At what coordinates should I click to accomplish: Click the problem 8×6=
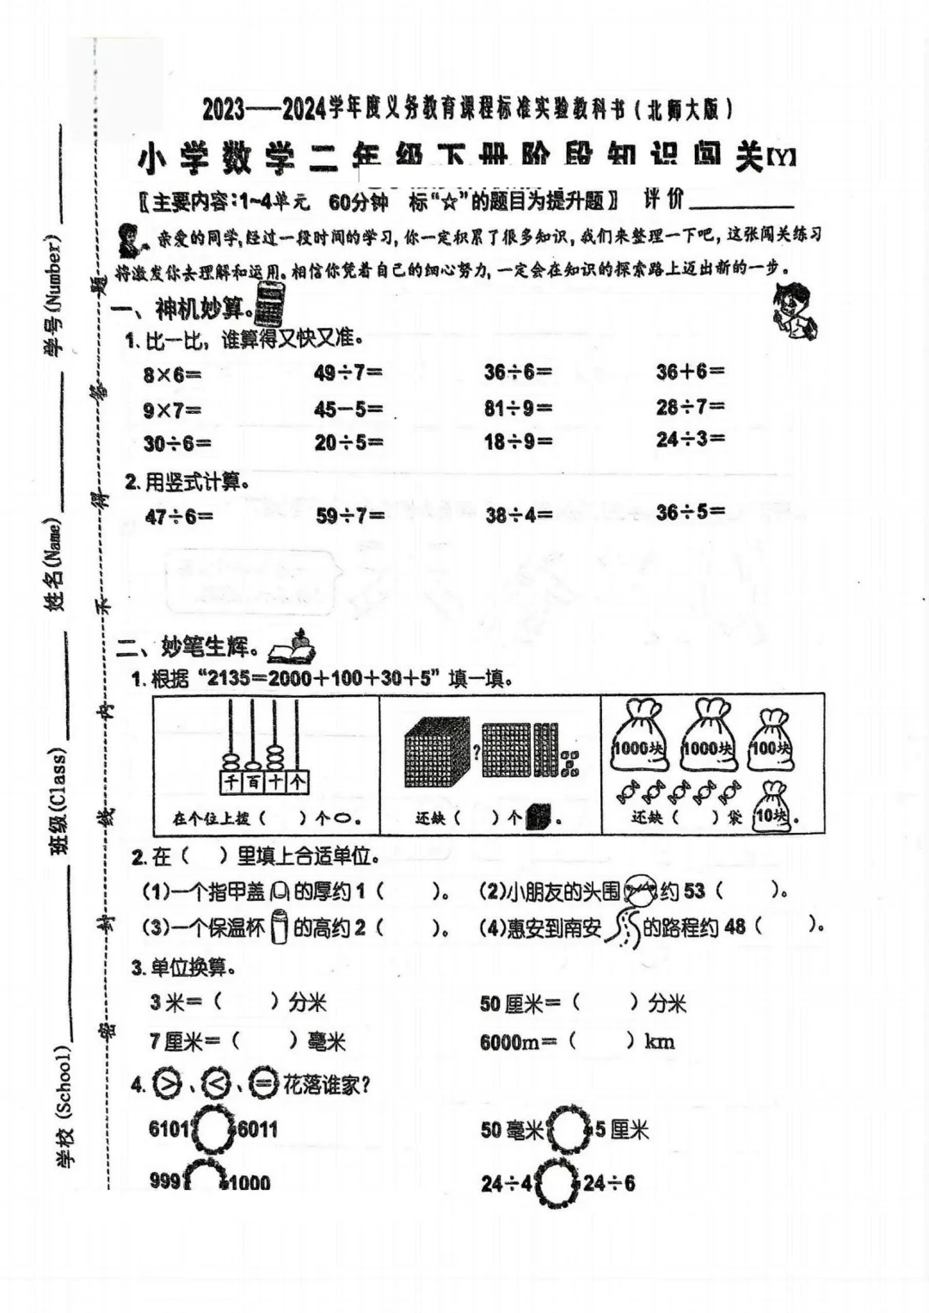click(x=172, y=374)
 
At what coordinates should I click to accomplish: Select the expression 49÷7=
click(x=348, y=373)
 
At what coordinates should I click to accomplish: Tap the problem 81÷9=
click(x=518, y=407)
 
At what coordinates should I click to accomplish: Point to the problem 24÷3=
click(x=690, y=439)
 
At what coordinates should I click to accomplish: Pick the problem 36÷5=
click(x=690, y=513)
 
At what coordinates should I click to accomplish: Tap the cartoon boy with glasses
click(x=794, y=310)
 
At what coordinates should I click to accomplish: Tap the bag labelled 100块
click(x=772, y=740)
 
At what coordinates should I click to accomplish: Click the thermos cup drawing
click(x=279, y=928)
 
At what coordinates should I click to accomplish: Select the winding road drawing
click(x=623, y=928)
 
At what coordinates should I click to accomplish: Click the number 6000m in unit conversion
click(x=509, y=1042)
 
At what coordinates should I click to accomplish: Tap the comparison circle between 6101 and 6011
click(x=213, y=1129)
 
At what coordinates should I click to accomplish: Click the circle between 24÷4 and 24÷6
click(x=557, y=1183)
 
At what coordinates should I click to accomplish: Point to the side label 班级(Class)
click(x=58, y=800)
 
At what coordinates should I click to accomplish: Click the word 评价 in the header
click(x=663, y=200)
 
